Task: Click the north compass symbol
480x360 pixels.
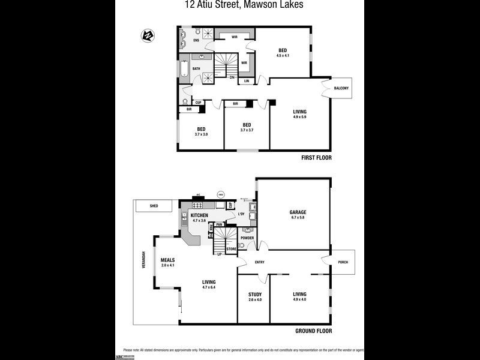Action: pos(148,35)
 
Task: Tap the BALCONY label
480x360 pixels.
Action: pos(341,89)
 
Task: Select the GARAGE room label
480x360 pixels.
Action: pos(298,212)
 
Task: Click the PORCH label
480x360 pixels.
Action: pos(343,262)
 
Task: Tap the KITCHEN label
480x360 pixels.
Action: pos(199,215)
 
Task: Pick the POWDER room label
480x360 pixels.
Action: pos(247,238)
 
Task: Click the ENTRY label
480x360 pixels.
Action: pos(259,262)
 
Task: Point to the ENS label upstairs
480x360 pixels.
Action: pos(196,41)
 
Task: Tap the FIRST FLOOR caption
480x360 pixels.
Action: pos(316,158)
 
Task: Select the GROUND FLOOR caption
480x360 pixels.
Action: pos(313,331)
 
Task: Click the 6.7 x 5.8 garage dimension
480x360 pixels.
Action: pos(298,218)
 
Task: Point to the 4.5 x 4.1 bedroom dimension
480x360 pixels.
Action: pos(283,56)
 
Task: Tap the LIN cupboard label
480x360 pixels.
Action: pos(246,81)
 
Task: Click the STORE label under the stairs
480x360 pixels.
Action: pos(231,248)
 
